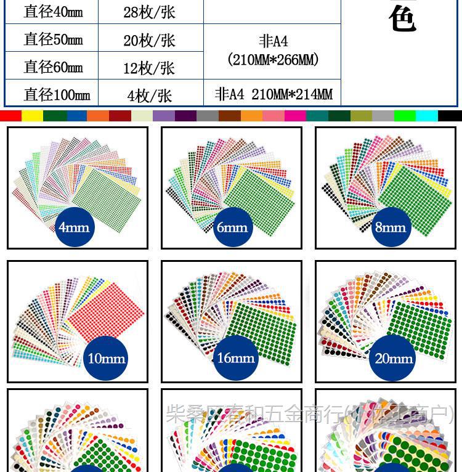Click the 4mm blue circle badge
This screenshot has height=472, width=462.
tap(74, 227)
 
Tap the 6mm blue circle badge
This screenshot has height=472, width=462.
tap(232, 227)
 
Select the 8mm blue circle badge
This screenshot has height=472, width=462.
tap(391, 227)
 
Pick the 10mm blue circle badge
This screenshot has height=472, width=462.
tap(107, 358)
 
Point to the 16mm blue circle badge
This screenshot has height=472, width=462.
tap(236, 358)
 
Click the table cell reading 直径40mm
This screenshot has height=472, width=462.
tap(53, 12)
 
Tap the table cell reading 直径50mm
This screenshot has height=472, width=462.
tap(53, 39)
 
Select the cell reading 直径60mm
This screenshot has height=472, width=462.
tap(53, 67)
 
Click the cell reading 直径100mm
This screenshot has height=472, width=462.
tap(57, 94)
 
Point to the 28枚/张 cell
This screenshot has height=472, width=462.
tap(149, 12)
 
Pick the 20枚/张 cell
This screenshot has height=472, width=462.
tap(149, 40)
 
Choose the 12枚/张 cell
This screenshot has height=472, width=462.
tap(149, 67)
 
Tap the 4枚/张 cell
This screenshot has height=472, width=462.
tap(149, 95)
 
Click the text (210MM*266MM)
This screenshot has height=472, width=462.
tap(273, 60)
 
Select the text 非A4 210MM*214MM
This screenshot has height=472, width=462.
tap(274, 94)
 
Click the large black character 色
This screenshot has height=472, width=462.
tap(403, 19)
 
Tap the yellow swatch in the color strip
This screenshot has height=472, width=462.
tap(32, 116)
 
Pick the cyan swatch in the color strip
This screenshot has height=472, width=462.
tap(426, 116)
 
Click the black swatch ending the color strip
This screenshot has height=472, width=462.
tap(450, 116)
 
